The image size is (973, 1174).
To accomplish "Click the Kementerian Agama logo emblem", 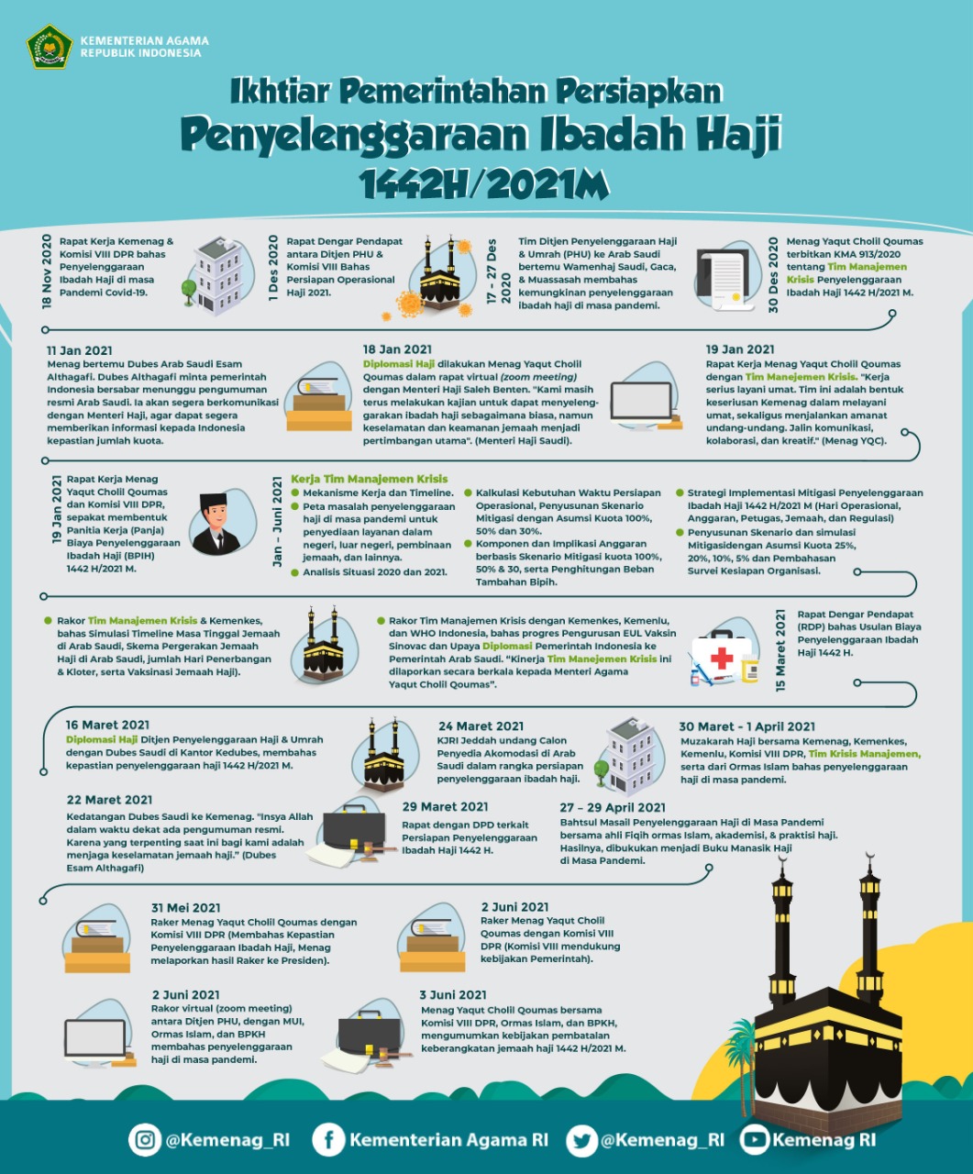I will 50,46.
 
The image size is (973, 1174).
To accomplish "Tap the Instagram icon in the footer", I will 145,1139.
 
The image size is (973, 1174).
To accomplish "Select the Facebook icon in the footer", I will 327,1139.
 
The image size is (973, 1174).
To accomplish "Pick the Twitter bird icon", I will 581,1139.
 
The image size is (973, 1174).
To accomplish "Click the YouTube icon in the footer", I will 755,1139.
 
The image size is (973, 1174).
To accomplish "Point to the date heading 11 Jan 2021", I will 80,350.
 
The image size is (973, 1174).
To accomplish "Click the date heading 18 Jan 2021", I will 397,349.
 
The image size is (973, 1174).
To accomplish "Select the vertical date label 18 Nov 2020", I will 47,271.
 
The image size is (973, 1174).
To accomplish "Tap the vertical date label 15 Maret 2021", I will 780,649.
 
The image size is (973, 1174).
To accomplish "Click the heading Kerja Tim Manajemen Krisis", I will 369,479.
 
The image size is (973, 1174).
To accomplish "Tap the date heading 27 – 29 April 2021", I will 613,807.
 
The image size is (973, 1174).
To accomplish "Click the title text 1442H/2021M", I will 485,184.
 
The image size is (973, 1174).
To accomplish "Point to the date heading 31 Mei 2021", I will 186,908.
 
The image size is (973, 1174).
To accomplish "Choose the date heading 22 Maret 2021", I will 109,800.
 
